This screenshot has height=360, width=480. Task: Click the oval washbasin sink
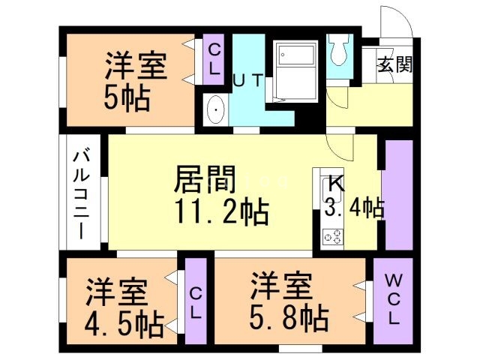[x=216, y=111]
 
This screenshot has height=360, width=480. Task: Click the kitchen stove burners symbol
[x=331, y=238]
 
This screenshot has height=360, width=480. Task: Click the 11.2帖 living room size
[x=222, y=213]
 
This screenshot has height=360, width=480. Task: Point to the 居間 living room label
[x=205, y=181]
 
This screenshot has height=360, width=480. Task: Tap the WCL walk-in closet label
[x=393, y=300]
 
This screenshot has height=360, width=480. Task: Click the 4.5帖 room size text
[x=124, y=324]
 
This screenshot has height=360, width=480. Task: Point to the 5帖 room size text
[x=127, y=97]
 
